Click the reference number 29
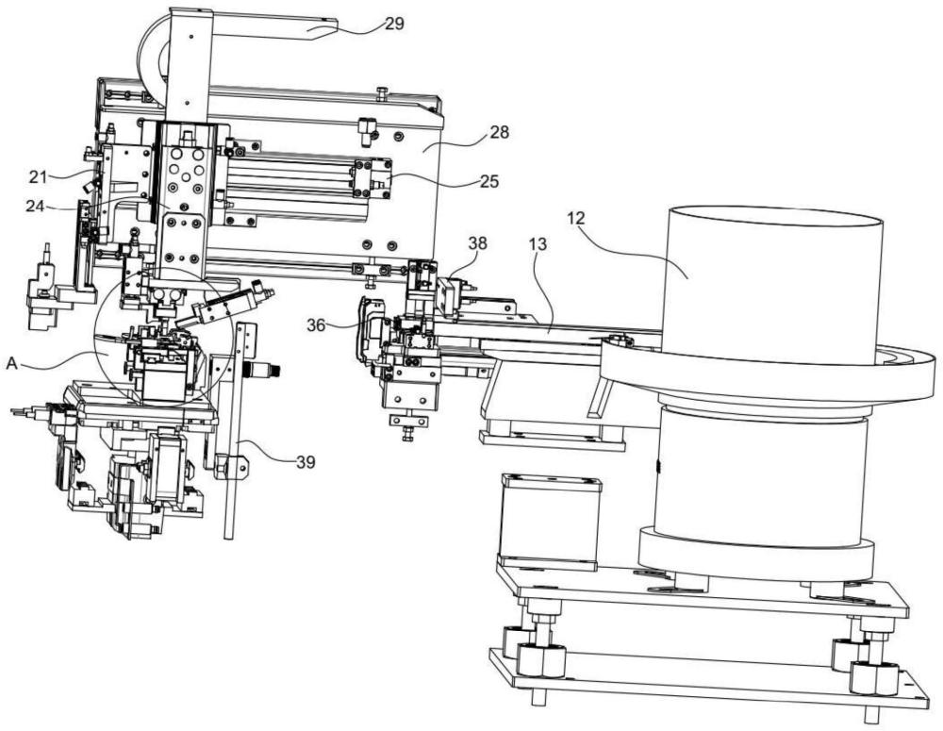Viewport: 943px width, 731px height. [x=394, y=24]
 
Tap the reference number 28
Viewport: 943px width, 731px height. [x=499, y=132]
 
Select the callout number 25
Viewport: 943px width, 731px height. [x=489, y=181]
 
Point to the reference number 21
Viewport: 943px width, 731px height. [x=38, y=177]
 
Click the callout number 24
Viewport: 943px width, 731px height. [x=35, y=207]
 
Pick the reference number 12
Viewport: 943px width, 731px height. [x=575, y=218]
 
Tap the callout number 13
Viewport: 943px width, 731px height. [x=538, y=245]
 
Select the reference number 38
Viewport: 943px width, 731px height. [x=478, y=243]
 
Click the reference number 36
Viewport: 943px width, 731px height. [x=316, y=325]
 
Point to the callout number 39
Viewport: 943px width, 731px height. [x=306, y=462]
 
